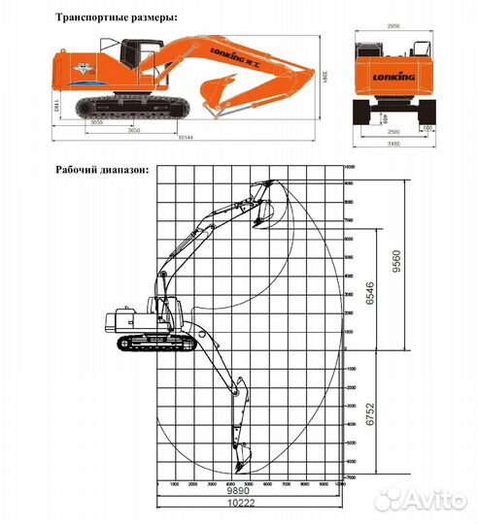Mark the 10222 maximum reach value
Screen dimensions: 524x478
(250, 506)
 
